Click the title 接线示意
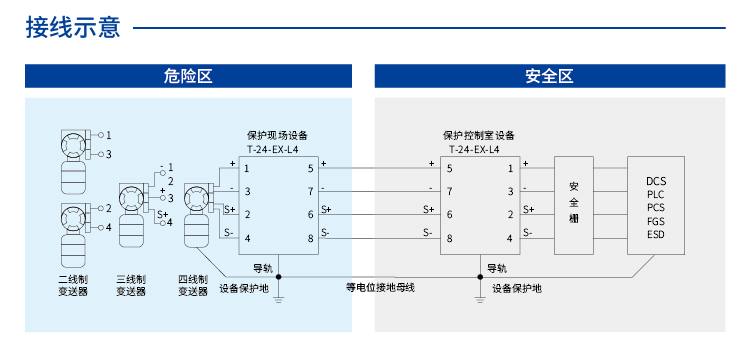pyautogui.click(x=72, y=27)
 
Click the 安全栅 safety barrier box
pyautogui.click(x=573, y=202)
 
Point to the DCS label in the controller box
pyautogui.click(x=656, y=181)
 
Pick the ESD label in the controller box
pyautogui.click(x=656, y=234)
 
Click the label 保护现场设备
pyautogui.click(x=277, y=135)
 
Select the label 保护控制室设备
pyautogui.click(x=478, y=135)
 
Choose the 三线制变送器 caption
pyautogui.click(x=132, y=285)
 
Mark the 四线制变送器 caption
pyautogui.click(x=193, y=285)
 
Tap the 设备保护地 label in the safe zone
pyautogui.click(x=517, y=288)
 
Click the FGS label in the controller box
pyautogui.click(x=656, y=221)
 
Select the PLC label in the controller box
pyautogui.click(x=656, y=194)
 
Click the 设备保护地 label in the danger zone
pyautogui.click(x=244, y=288)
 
